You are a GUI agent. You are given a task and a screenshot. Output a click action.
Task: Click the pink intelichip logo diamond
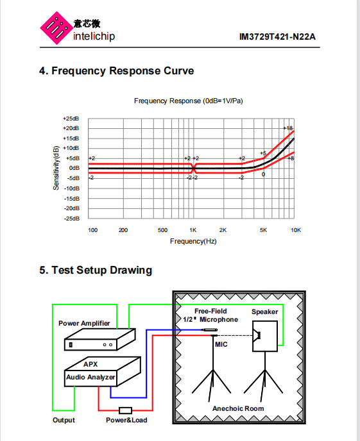pyautogui.click(x=56, y=28)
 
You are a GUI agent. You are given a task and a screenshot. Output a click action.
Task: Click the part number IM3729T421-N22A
pyautogui.click(x=277, y=37)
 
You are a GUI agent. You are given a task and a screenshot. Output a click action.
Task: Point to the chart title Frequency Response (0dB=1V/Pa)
pyautogui.click(x=188, y=101)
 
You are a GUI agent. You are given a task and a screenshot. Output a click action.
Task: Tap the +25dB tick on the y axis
pyautogui.click(x=71, y=119)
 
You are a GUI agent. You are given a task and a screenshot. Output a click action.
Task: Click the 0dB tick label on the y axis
pyautogui.click(x=74, y=168)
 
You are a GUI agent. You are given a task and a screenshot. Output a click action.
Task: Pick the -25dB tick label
pyautogui.click(x=72, y=219)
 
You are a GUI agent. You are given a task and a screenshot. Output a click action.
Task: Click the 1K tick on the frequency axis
pyautogui.click(x=193, y=230)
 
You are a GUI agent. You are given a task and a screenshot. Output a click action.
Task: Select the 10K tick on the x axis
pyautogui.click(x=296, y=230)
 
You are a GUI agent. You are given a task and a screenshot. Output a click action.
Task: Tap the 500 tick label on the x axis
pyautogui.click(x=163, y=230)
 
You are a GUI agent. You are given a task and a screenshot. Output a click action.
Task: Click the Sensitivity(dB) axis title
pyautogui.click(x=56, y=168)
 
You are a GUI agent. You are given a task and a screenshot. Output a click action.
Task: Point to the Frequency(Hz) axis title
pyautogui.click(x=193, y=241)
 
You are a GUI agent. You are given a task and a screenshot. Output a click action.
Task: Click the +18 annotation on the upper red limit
pyautogui.click(x=288, y=128)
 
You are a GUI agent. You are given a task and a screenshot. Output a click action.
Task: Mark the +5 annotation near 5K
pyautogui.click(x=263, y=153)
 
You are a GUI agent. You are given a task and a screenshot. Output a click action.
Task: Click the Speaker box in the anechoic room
pyautogui.click(x=265, y=336)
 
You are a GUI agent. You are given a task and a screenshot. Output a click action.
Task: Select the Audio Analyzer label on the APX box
pyautogui.click(x=90, y=377)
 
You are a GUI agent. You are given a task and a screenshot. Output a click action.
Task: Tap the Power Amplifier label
pyautogui.click(x=84, y=324)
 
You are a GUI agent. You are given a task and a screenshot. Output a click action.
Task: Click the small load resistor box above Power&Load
pyautogui.click(x=126, y=411)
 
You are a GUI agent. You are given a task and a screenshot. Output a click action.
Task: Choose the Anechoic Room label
pyautogui.click(x=238, y=408)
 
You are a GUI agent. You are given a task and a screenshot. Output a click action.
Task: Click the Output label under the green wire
pyautogui.click(x=64, y=420)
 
